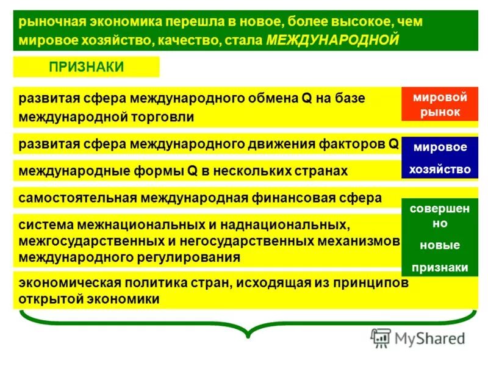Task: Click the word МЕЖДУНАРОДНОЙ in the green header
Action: pos(333,40)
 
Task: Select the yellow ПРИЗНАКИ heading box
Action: pos(86,67)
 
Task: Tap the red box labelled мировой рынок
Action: pos(439,104)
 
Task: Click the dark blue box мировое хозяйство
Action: pos(439,157)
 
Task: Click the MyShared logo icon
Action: pos(381,338)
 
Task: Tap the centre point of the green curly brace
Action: pos(248,332)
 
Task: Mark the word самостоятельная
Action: pos(77,198)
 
